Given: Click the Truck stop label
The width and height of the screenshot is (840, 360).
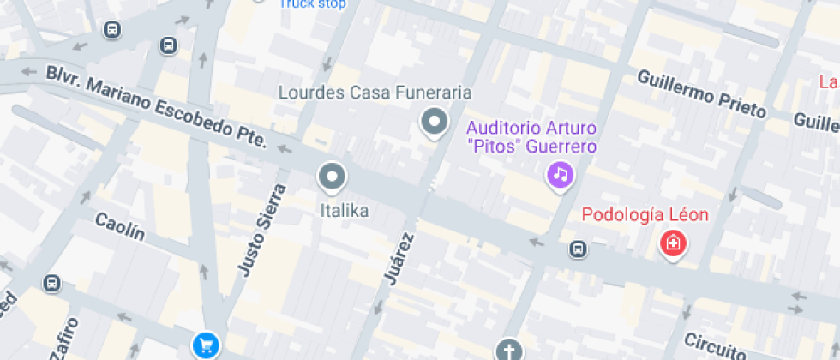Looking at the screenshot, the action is tap(313, 4).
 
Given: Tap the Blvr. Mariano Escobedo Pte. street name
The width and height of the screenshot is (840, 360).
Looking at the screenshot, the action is tap(158, 105).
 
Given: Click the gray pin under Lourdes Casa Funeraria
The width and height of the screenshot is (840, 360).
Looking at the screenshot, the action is tap(434, 122).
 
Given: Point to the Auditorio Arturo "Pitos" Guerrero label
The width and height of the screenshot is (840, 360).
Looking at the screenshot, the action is tap(531, 138).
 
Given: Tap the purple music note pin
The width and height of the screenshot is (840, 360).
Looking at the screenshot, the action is tap(560, 176).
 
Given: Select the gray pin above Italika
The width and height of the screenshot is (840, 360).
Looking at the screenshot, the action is tap(331, 177).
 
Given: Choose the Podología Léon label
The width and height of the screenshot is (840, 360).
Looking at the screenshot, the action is tap(645, 214).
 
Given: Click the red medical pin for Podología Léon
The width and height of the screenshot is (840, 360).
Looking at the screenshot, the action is tap(674, 244).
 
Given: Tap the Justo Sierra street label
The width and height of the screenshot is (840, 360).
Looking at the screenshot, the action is tap(261, 230).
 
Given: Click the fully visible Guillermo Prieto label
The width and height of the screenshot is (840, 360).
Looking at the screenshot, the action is tap(701, 93).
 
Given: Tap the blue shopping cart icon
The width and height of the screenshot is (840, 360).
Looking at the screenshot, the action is tap(206, 345).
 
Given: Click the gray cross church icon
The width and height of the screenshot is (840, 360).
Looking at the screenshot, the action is tap(508, 351).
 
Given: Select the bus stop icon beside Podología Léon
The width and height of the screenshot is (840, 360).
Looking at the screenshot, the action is tap(579, 249).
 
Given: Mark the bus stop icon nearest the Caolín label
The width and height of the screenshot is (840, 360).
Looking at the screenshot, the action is tap(52, 283).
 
